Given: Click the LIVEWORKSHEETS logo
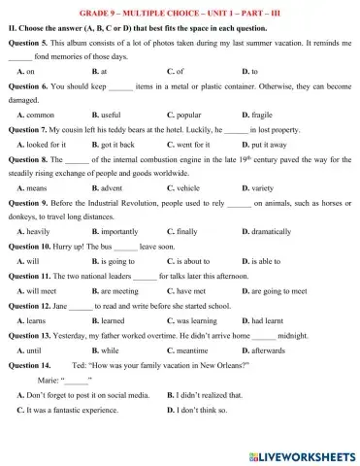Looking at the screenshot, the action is coord(302,454).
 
